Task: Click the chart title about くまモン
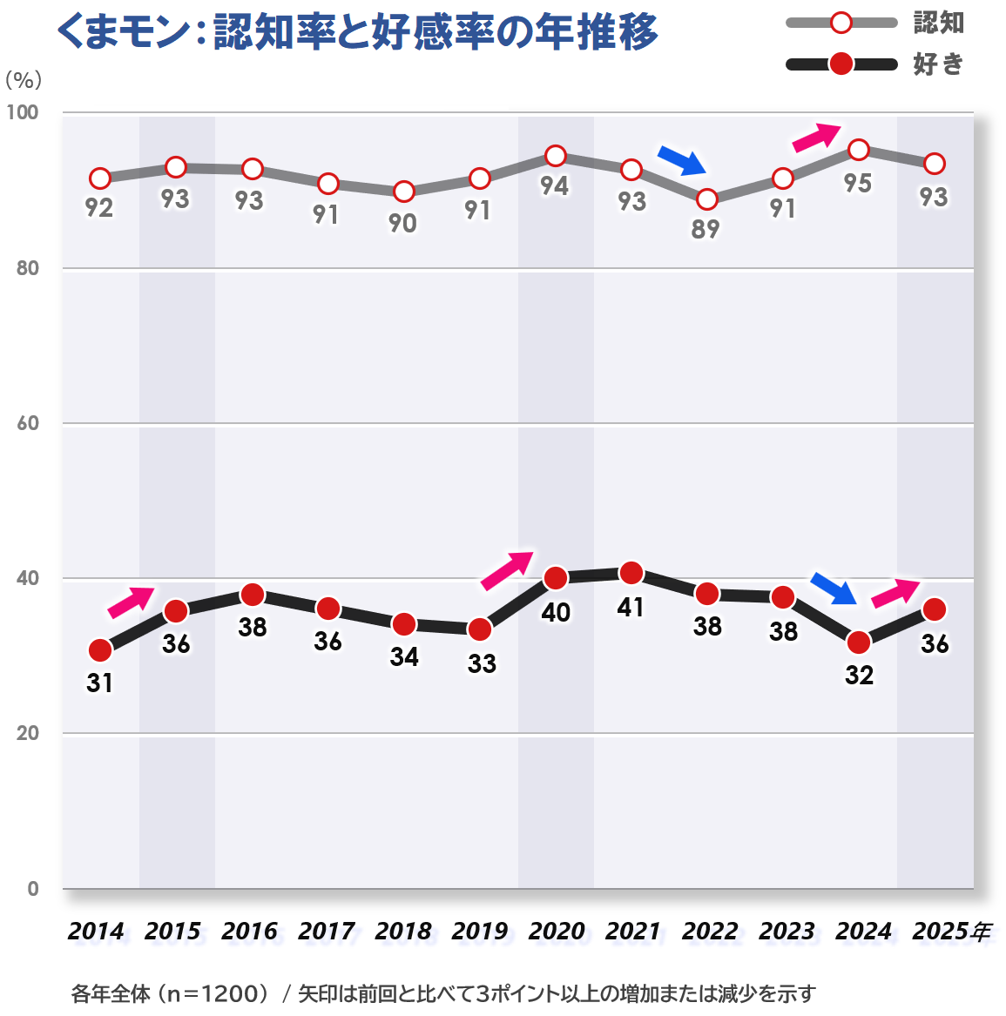click(357, 32)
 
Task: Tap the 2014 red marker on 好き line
click(100, 650)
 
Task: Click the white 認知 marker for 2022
click(707, 199)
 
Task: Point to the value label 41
click(631, 607)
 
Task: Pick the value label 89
click(706, 230)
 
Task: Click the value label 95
click(858, 184)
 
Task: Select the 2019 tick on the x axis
click(479, 932)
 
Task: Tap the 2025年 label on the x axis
click(951, 932)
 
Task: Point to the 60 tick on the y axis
click(28, 423)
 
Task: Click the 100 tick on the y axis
click(23, 112)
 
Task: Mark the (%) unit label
click(23, 80)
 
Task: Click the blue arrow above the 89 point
click(681, 159)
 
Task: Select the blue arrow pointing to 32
click(834, 589)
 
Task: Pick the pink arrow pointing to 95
click(816, 137)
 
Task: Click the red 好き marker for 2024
click(859, 643)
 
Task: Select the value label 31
click(99, 683)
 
